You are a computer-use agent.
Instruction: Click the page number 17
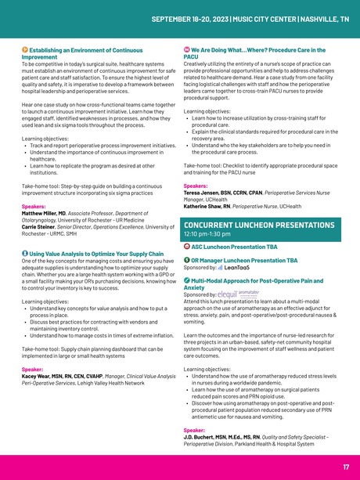(x=345, y=467)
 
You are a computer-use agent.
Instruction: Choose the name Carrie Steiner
(x=42, y=226)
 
